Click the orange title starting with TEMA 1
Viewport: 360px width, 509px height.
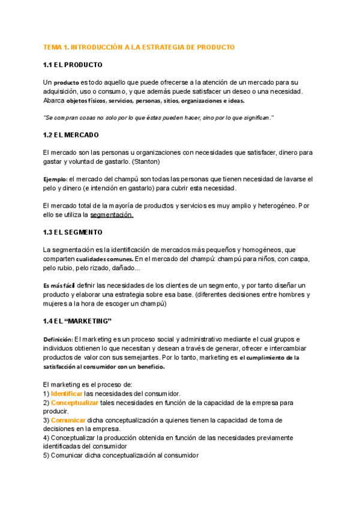coord(139,47)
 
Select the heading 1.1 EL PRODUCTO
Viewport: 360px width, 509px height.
coord(73,65)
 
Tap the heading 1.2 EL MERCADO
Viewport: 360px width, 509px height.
coord(71,135)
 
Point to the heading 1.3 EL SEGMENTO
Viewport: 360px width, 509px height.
coord(73,232)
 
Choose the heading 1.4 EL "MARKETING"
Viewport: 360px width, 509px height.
coord(78,322)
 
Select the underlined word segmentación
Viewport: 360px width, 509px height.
coord(112,214)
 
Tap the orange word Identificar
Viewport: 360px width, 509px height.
coord(67,394)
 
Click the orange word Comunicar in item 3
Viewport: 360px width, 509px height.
coord(68,421)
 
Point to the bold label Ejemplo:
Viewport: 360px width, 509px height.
coord(55,179)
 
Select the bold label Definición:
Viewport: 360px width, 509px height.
coord(58,340)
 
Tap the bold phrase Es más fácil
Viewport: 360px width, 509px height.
coord(59,285)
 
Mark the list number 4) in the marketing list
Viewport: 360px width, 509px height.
coord(47,438)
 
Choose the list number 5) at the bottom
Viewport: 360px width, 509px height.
coord(47,456)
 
